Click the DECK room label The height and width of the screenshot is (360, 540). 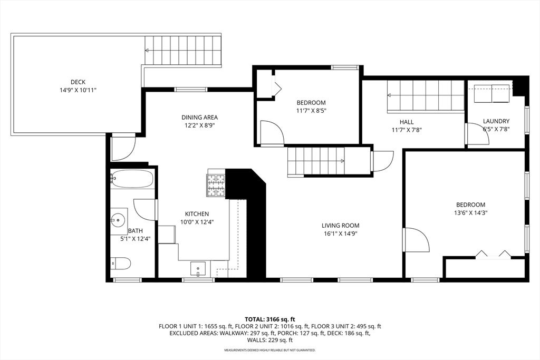(78, 82)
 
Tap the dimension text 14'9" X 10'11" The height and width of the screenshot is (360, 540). (78, 90)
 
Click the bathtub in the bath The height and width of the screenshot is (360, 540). (132, 179)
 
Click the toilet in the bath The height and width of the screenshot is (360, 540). (121, 263)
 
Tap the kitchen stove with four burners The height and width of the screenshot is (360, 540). (216, 185)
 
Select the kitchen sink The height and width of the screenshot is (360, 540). (198, 269)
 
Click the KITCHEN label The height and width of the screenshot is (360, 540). (197, 214)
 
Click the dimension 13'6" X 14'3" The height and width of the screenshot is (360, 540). (471, 213)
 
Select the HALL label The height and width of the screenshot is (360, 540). (406, 122)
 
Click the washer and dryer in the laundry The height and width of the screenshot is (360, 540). (490, 94)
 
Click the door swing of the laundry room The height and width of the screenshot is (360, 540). (478, 135)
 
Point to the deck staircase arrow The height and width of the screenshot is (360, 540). (147, 51)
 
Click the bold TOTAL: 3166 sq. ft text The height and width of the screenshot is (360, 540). (269, 319)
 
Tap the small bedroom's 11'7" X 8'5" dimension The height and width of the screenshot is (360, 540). (311, 111)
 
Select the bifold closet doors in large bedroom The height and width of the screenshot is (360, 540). (493, 255)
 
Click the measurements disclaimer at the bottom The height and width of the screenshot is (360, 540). (269, 350)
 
